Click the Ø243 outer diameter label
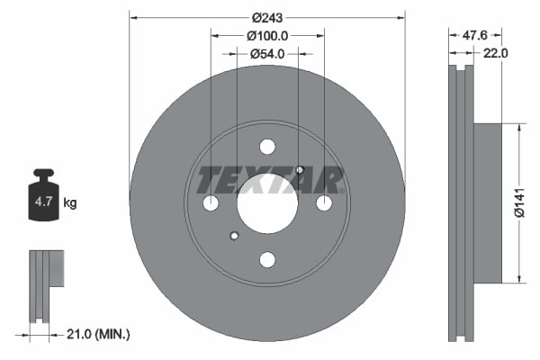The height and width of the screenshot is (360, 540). tap(267, 17)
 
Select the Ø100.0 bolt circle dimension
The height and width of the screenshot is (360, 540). tap(267, 36)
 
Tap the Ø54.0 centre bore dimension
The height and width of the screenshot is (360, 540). tap(267, 54)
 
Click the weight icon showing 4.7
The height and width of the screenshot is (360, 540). tap(43, 199)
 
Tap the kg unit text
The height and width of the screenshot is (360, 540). tap(70, 203)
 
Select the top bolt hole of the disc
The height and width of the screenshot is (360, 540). tap(267, 147)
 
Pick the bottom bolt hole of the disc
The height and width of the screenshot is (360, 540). tap(267, 260)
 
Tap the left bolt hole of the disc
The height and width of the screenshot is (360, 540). tap(211, 203)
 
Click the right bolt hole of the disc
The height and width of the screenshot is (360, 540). tap(324, 203)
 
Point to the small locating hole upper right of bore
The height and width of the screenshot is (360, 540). tap(300, 171)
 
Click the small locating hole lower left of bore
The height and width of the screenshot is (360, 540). tap(235, 236)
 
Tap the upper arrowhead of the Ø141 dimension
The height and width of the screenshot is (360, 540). tap(519, 129)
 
